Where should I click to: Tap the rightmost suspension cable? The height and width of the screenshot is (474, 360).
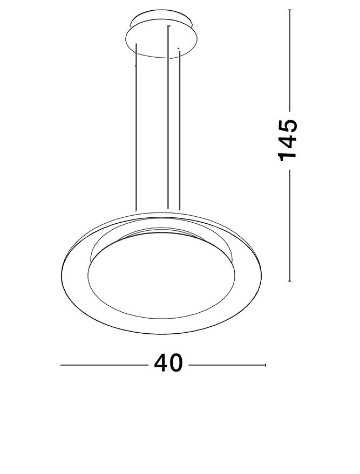(179, 129)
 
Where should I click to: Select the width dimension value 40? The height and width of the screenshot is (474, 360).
(169, 363)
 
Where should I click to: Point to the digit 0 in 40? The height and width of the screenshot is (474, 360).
(176, 363)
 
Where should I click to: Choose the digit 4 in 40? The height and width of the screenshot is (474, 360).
(161, 363)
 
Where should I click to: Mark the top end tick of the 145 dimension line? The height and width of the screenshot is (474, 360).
(290, 10)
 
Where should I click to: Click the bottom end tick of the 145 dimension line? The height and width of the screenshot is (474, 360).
(290, 281)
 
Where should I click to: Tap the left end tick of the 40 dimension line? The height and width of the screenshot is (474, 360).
(60, 365)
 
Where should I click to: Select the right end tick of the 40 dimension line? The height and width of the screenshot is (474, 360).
(266, 365)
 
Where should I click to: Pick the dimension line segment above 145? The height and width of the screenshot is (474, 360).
(290, 59)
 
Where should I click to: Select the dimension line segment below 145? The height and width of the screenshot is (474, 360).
(290, 226)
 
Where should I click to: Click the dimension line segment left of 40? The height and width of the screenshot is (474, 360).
(103, 365)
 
